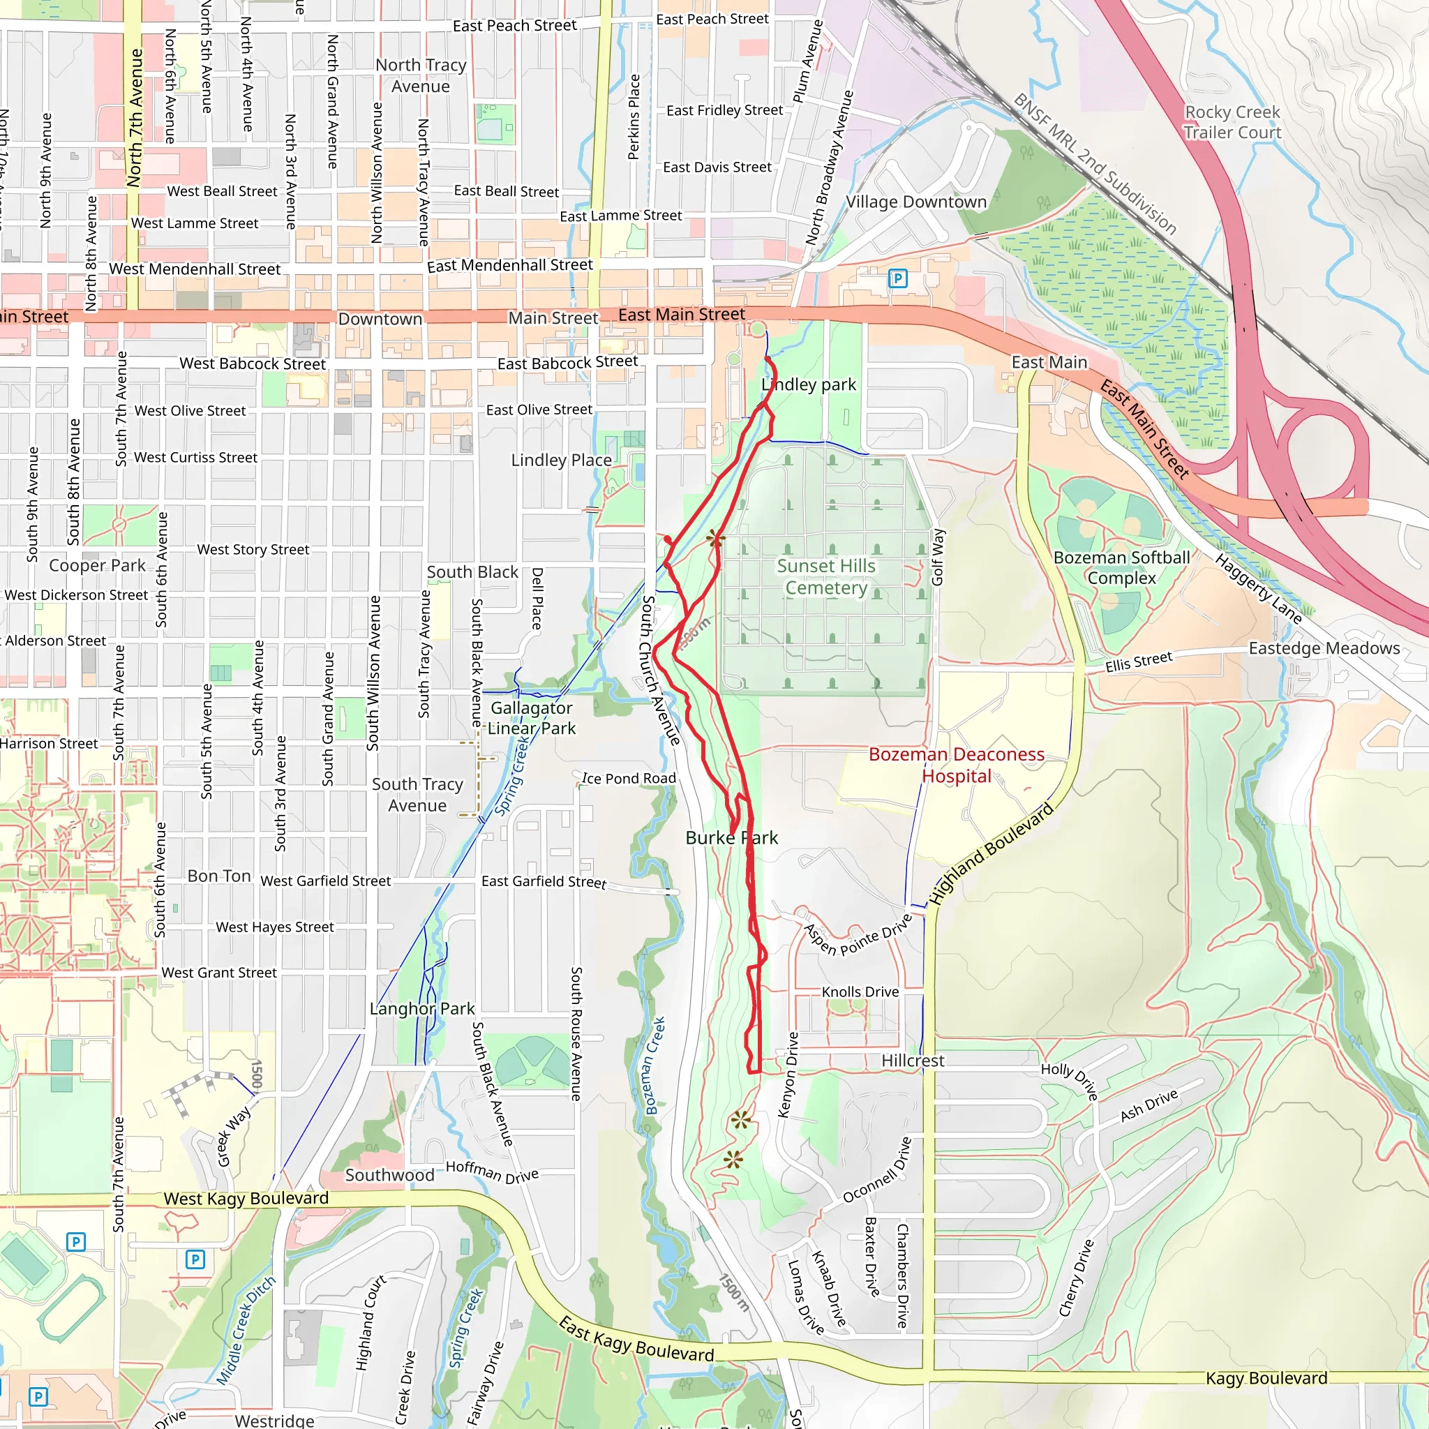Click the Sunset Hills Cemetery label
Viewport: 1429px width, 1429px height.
tap(826, 577)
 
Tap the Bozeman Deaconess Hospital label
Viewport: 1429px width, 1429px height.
tap(957, 765)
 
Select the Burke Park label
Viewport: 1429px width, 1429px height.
tap(731, 838)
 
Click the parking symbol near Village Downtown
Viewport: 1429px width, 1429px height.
tap(897, 279)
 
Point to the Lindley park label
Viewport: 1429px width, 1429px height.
tap(809, 384)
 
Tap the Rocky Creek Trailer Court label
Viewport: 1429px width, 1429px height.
tap(1232, 123)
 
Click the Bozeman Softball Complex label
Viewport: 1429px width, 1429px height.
tap(1121, 568)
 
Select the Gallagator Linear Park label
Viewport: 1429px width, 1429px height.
tap(531, 718)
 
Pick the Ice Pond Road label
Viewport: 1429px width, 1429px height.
tap(629, 779)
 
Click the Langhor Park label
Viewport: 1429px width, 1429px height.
tap(421, 1009)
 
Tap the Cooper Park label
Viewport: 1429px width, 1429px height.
tap(97, 566)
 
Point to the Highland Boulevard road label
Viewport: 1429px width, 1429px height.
tap(990, 854)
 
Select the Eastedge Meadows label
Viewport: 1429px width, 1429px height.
tap(1324, 649)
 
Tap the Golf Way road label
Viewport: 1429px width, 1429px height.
tap(938, 556)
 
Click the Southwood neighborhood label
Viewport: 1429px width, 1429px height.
tap(389, 1175)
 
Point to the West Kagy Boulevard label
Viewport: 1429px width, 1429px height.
tap(246, 1199)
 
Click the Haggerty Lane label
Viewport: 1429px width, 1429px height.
tap(1258, 589)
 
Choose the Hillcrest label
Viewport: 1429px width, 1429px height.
tap(913, 1061)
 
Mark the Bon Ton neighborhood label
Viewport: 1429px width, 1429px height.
tap(219, 876)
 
